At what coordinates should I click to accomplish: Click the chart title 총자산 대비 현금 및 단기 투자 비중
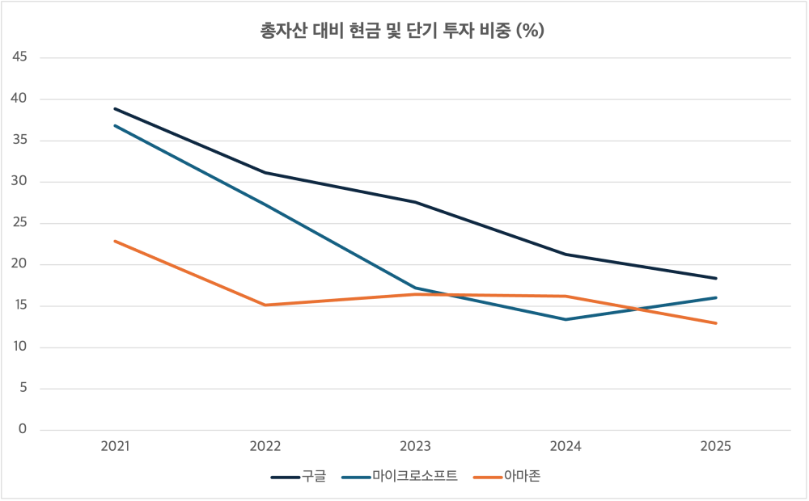click(x=401, y=31)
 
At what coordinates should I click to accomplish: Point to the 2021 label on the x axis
click(x=115, y=446)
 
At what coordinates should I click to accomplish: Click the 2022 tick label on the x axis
click(x=265, y=446)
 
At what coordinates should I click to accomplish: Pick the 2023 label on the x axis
click(x=415, y=446)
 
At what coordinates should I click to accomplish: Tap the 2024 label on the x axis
click(x=565, y=446)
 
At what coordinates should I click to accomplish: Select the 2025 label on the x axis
click(x=716, y=446)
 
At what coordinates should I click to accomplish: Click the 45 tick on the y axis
click(x=20, y=57)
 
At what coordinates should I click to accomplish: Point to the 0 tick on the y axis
click(x=23, y=430)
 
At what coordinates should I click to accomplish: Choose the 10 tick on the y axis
click(x=20, y=347)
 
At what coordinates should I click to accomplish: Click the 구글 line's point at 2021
click(x=115, y=108)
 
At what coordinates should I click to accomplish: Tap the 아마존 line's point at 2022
click(x=265, y=305)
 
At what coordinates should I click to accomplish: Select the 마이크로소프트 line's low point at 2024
click(x=565, y=319)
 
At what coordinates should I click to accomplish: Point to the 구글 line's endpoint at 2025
click(x=716, y=278)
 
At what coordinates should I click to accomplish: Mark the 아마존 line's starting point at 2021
click(x=115, y=241)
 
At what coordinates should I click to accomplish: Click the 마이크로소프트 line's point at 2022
click(x=265, y=204)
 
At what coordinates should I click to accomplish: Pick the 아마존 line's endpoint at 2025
click(x=716, y=323)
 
